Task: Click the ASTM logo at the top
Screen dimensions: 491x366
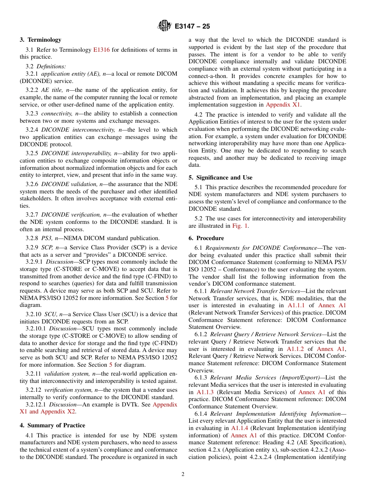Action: tap(165, 26)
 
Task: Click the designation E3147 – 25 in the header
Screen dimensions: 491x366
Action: tap(192, 27)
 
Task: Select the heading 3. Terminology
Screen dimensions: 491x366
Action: tap(40, 40)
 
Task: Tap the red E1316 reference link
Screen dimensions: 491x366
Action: tap(101, 50)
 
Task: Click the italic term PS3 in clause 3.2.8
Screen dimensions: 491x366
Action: tap(47, 239)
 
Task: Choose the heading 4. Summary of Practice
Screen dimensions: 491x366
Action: tap(52, 425)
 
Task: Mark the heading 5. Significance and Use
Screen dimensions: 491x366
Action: tap(220, 178)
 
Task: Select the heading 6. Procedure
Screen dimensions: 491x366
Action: tap(206, 238)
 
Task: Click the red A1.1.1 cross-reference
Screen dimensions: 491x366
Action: tap(296, 305)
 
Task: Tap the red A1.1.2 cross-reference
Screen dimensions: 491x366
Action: tap(295, 349)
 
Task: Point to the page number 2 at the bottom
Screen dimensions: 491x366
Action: tap(183, 474)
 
